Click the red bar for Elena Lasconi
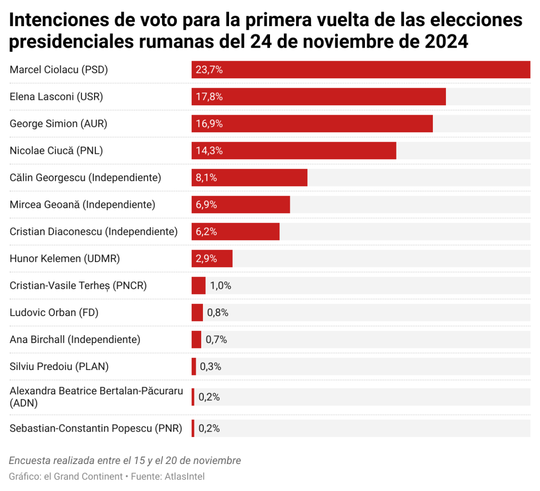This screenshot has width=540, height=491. [319, 97]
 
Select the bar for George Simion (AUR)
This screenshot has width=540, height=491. [312, 124]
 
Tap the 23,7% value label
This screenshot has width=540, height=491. [209, 70]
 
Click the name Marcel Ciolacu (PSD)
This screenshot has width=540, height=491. [59, 70]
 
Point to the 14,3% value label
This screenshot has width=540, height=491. [209, 151]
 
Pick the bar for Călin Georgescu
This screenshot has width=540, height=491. [249, 178]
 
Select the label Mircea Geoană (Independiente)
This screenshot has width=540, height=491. [82, 205]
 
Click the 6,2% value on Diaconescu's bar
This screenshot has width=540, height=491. [207, 232]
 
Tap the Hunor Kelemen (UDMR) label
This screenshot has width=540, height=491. [65, 259]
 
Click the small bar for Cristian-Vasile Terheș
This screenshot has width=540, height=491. [198, 286]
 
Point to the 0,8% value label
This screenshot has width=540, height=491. [218, 312]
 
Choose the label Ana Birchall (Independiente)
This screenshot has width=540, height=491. [75, 339]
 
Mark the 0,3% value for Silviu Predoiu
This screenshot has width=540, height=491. [211, 366]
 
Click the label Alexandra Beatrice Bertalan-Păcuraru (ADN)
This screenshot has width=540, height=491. [96, 397]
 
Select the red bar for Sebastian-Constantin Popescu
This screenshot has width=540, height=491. [193, 428]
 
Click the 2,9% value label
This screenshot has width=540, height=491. [207, 259]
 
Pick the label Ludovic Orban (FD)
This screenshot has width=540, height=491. [54, 312]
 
